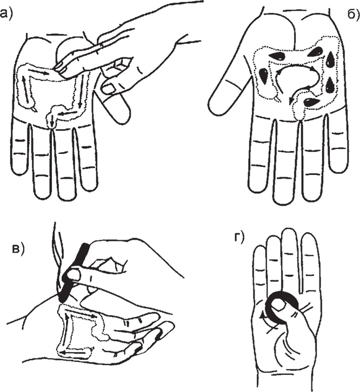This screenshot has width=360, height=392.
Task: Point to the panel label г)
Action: pos(238,238)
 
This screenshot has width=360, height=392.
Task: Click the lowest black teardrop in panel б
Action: pos(311,102)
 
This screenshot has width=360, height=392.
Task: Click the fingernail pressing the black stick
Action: pos(74,275)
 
